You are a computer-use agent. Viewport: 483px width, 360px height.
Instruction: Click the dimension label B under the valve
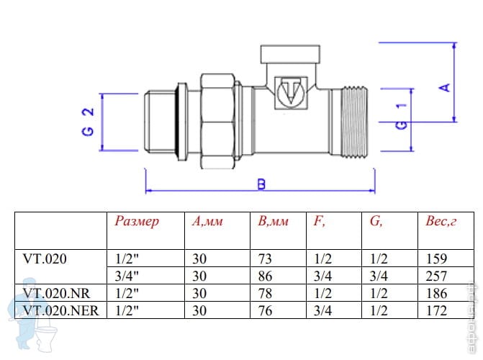click(261, 184)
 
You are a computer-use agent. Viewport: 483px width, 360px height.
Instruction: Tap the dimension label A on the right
click(444, 87)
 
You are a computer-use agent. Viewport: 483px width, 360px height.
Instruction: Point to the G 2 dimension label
click(87, 122)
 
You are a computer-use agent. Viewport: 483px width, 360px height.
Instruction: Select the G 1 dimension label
click(402, 115)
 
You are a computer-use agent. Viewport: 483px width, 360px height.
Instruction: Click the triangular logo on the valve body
click(292, 94)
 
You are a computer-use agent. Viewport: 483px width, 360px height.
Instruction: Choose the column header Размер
click(137, 222)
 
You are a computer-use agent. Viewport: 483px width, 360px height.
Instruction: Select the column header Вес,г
click(441, 222)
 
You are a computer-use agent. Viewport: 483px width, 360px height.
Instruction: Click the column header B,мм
click(273, 222)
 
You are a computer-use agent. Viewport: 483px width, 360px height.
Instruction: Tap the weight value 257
click(436, 276)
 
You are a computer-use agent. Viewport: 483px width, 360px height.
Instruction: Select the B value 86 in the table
click(265, 276)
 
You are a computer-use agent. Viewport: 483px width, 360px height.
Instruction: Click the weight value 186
click(436, 293)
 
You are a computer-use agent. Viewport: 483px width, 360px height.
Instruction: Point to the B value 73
click(265, 258)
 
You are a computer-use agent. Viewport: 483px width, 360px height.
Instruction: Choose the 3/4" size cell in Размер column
click(126, 276)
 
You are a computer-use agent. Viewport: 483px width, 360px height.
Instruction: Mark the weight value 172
click(436, 310)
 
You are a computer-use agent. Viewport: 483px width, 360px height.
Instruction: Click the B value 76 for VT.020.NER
click(265, 310)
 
